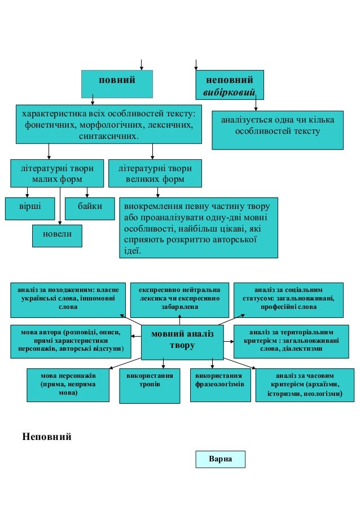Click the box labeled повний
click(x=117, y=83)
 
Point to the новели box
click(x=57, y=235)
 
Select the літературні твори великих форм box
click(x=155, y=173)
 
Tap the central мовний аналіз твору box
click(x=182, y=341)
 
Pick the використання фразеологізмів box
click(x=219, y=385)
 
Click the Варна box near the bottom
click(x=221, y=459)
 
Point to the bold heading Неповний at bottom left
click(x=47, y=437)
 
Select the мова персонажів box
click(x=68, y=385)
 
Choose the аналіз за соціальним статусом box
click(x=288, y=299)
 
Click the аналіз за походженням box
click(x=68, y=299)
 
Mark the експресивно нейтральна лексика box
click(x=179, y=299)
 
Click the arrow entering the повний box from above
click(x=141, y=64)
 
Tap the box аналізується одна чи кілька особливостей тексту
click(x=277, y=129)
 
